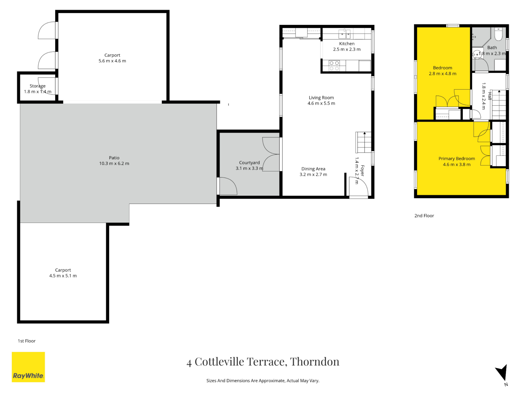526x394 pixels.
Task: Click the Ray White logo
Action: click(28, 367)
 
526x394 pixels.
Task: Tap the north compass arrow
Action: click(502, 373)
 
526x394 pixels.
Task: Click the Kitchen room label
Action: click(347, 44)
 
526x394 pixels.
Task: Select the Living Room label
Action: click(321, 98)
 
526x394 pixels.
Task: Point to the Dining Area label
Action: click(313, 169)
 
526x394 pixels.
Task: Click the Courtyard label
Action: click(249, 163)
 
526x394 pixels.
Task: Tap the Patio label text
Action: click(114, 158)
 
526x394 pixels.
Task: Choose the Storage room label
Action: click(37, 86)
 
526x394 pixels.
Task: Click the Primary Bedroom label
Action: click(456, 159)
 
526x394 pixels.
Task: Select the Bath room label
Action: click(492, 48)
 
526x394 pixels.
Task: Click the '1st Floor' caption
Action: click(27, 341)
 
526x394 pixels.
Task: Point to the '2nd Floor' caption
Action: click(424, 216)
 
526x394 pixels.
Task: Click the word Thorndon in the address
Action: click(315, 361)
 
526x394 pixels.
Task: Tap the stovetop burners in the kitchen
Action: click(334, 66)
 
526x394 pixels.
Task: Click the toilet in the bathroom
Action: click(498, 34)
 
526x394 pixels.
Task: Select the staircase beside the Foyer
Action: click(364, 142)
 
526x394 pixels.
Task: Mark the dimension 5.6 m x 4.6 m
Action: click(112, 61)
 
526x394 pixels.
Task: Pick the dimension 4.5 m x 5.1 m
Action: click(63, 276)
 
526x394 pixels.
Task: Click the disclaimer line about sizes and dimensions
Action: click(263, 381)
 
